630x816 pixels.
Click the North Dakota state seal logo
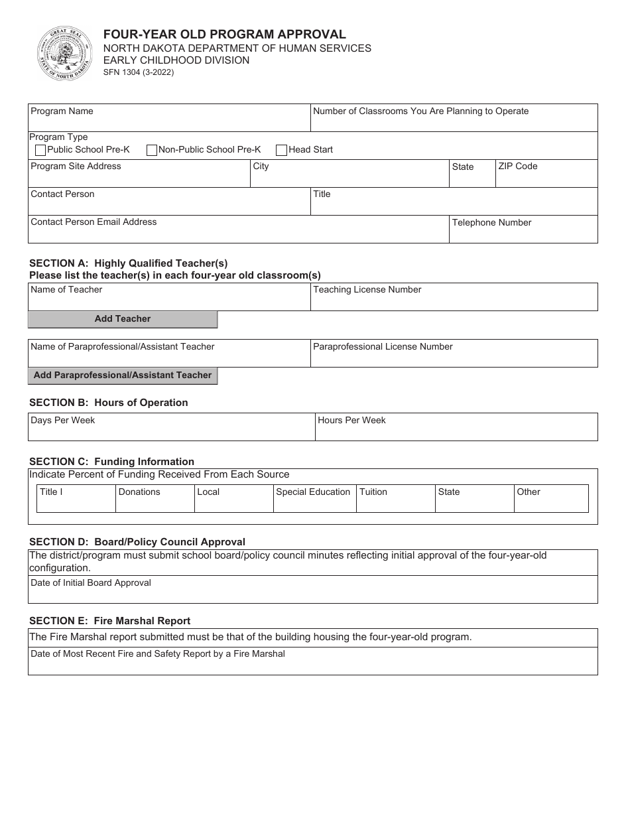64,53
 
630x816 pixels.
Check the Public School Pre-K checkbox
40,151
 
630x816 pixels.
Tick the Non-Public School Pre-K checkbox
151,151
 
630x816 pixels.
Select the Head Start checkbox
282,151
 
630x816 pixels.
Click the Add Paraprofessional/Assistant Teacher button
123,375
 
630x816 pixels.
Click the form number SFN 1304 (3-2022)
138,73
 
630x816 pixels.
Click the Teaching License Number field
454,301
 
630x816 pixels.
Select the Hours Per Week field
456,431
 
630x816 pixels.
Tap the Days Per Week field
171,431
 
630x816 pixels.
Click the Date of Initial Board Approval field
312,592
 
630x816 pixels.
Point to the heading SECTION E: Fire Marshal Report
110,621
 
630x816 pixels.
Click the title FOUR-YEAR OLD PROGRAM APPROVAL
224,34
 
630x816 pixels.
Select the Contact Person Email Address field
238,233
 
